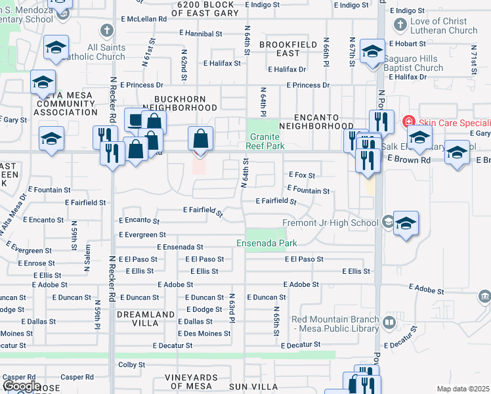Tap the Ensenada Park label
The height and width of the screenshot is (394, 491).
(267, 244)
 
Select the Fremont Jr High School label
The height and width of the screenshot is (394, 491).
(330, 223)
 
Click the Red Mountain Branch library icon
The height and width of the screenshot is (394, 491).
(389, 322)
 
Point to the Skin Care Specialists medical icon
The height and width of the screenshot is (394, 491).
(408, 122)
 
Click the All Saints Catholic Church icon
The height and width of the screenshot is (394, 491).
(106, 30)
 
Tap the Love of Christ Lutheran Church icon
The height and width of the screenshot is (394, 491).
(400, 26)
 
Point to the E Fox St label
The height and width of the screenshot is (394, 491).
(302, 175)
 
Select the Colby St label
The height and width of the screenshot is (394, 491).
(131, 364)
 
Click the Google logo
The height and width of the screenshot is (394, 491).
(22, 386)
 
